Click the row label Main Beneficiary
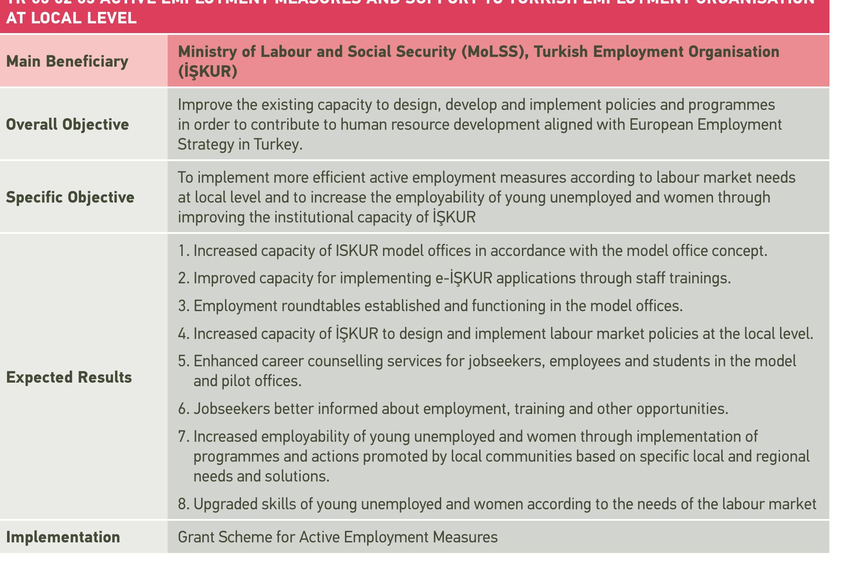(x=67, y=61)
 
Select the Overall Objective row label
(x=68, y=124)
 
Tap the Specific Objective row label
(x=70, y=197)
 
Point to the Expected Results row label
(x=69, y=377)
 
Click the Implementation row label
(x=63, y=537)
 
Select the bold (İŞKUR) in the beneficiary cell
(x=207, y=71)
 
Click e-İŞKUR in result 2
(x=461, y=278)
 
